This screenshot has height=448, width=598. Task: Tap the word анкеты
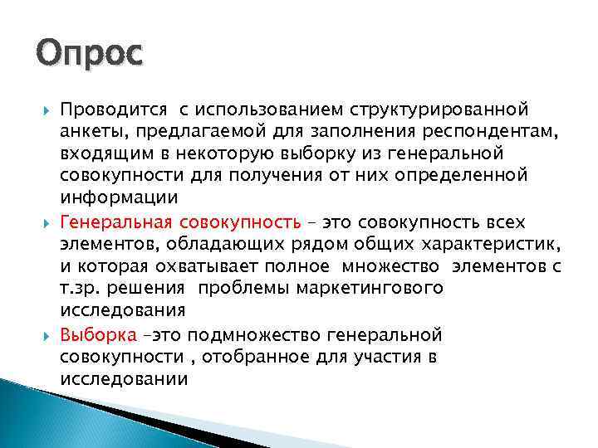91,131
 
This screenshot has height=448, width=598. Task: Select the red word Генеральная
114,222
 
